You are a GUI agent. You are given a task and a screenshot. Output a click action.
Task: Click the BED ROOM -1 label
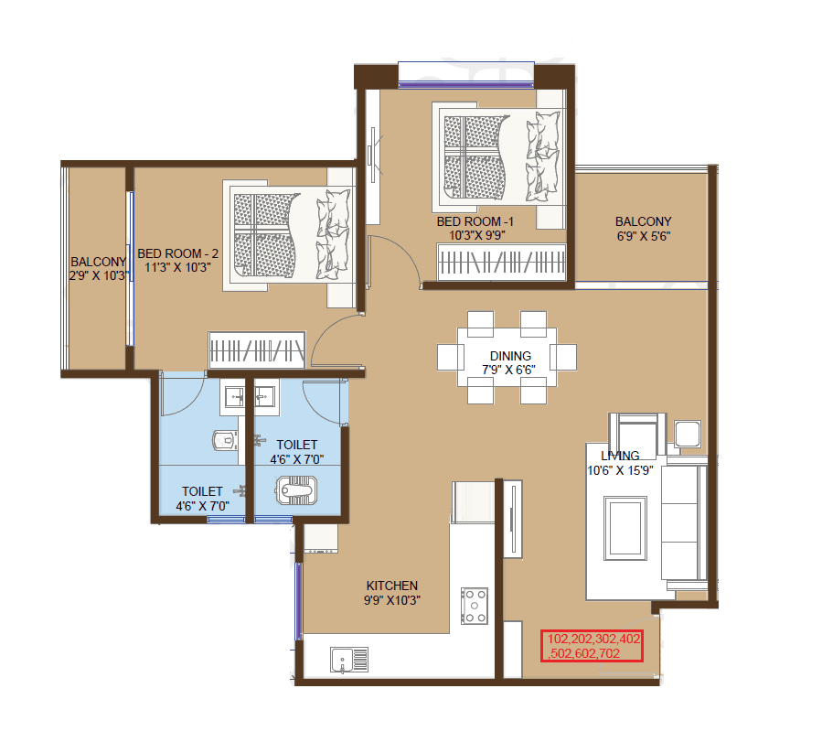point(475,221)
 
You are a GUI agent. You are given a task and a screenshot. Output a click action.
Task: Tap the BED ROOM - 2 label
point(178,253)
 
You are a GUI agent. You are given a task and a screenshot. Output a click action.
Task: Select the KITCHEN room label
point(392,586)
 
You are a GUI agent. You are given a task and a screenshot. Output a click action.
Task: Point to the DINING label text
point(510,356)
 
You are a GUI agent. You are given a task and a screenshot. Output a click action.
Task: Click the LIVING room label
point(620,456)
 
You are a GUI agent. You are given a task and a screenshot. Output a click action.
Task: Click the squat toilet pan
point(298,493)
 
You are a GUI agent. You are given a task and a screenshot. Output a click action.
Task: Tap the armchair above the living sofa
point(637,431)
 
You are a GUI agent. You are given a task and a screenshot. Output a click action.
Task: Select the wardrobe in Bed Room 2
point(256,350)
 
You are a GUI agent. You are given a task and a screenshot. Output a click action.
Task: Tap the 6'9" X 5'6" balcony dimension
point(643,235)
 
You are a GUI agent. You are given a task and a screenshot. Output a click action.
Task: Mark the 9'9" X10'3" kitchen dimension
point(392,600)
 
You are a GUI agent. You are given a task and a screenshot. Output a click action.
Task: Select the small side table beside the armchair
point(687,434)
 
